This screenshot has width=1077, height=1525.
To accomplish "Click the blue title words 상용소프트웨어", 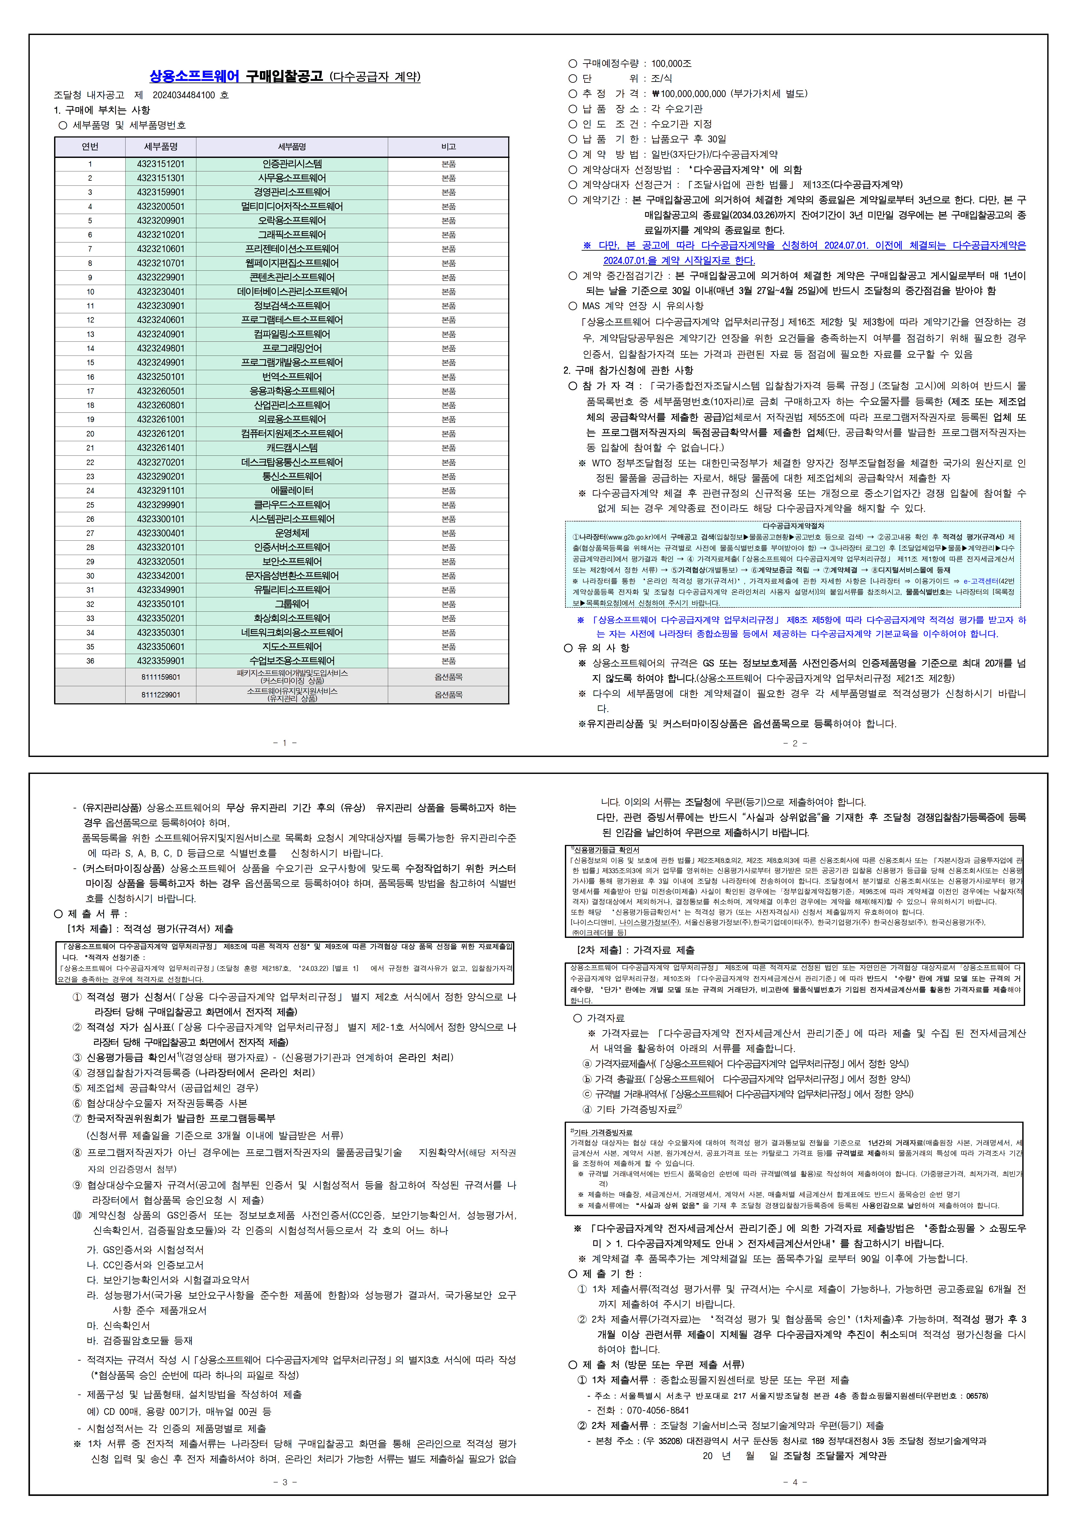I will (x=194, y=76).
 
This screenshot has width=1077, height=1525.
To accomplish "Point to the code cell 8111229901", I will (x=161, y=695).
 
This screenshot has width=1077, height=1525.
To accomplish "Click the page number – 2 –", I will (x=794, y=743).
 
